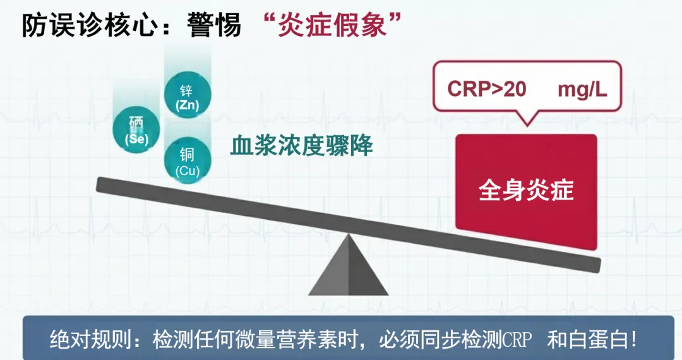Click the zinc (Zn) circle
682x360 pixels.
click(187, 97)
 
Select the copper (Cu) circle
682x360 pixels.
click(187, 161)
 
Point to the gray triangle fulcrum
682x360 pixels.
click(348, 269)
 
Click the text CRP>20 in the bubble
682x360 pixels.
click(486, 89)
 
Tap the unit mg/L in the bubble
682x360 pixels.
click(582, 89)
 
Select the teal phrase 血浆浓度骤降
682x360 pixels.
click(301, 147)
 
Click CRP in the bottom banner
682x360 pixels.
click(517, 340)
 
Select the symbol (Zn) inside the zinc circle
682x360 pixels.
click(187, 105)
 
